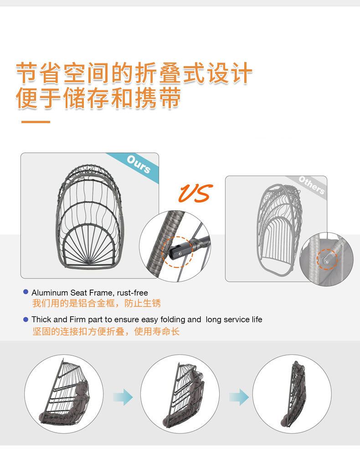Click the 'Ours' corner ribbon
pos(139,165)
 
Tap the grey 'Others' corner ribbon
pos(312,185)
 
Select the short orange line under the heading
pos(36,122)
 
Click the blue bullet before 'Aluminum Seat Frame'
pos(26,292)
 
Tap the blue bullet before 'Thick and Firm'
pos(26,319)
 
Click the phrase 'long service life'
pos(234,320)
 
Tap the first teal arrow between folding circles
pos(123,397)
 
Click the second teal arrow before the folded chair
pos(239,397)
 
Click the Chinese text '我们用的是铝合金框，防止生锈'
pos(96,303)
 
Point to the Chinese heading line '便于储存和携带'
pos(98,98)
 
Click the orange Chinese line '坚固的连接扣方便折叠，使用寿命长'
pos(106,332)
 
